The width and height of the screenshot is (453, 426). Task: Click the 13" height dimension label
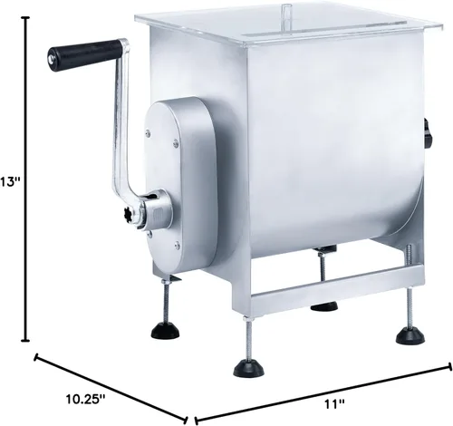(x=10, y=182)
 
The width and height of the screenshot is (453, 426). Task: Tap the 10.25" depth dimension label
(x=85, y=399)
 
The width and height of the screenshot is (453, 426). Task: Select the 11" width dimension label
(x=334, y=403)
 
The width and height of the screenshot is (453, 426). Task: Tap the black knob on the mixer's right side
(x=428, y=133)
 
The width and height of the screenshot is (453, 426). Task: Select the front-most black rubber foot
(x=249, y=368)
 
